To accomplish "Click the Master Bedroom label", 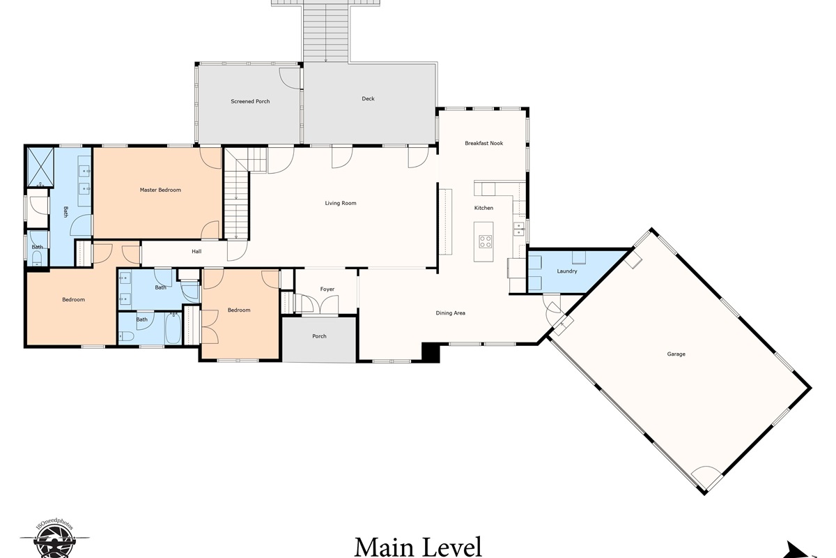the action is [x=160, y=190].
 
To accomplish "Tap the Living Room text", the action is [x=341, y=203].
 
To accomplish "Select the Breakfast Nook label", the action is [x=483, y=143].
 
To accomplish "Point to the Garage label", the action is [x=676, y=354].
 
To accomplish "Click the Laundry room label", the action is [x=567, y=271].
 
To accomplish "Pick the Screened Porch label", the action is [x=250, y=101].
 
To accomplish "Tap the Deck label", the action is [x=368, y=98].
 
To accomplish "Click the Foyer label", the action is [x=327, y=289].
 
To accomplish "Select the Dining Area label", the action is [x=451, y=313].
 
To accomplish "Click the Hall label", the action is [x=196, y=252].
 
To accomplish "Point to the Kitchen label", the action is [x=483, y=208].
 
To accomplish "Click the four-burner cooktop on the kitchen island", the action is [x=485, y=241].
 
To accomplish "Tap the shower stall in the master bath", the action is [x=40, y=167].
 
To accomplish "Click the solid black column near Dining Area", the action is [x=431, y=352].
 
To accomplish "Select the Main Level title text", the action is [x=417, y=546].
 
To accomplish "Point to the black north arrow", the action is [x=798, y=552].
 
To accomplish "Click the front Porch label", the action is [x=319, y=336].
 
